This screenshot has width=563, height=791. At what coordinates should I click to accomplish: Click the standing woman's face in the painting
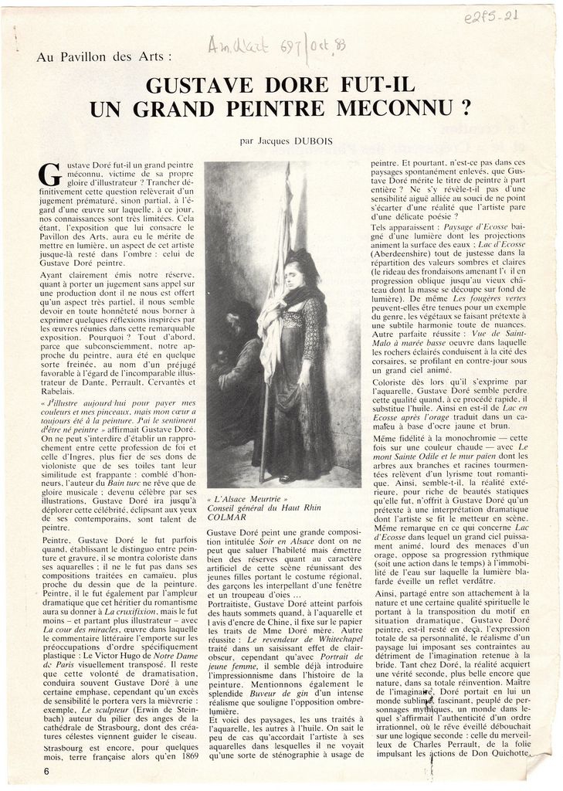293,274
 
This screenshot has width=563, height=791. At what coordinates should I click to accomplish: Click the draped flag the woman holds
274,309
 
